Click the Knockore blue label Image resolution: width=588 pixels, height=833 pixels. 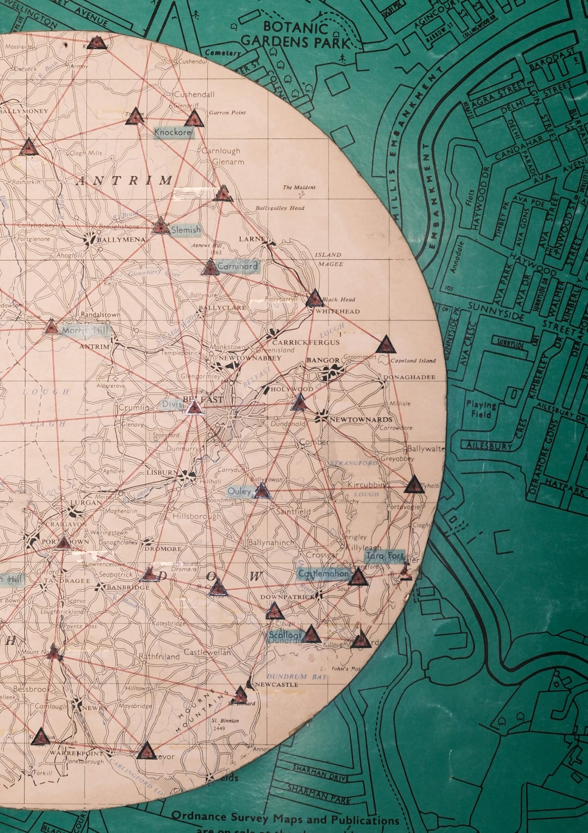(x=173, y=133)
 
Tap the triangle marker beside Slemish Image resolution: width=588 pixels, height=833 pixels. (x=159, y=227)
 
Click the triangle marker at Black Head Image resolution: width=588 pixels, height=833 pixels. (x=314, y=298)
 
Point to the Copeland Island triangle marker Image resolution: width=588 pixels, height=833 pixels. (x=386, y=345)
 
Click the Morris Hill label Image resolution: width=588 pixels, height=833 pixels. (x=85, y=331)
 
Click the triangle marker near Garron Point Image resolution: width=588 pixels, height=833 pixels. (x=194, y=119)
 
